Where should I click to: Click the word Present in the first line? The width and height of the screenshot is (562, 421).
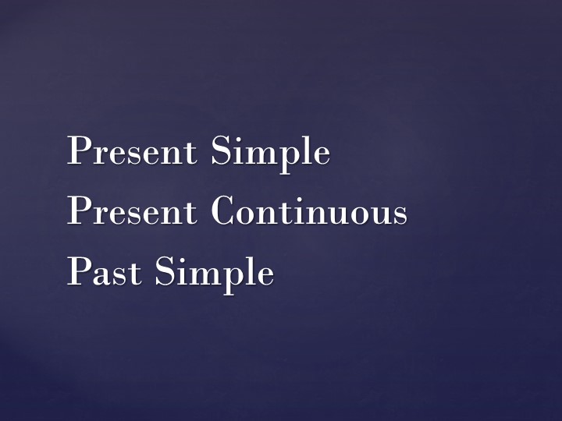(x=132, y=151)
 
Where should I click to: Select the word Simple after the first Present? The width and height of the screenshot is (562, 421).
(x=270, y=153)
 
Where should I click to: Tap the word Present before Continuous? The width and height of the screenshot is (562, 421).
(x=132, y=212)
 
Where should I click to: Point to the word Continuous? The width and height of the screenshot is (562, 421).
(x=309, y=212)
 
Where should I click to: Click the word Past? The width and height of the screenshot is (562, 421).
(x=105, y=273)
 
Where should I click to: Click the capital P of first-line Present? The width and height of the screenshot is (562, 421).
(x=77, y=150)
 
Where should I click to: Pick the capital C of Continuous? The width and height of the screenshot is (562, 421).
(x=224, y=212)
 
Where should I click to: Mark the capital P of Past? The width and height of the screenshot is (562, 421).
(x=77, y=272)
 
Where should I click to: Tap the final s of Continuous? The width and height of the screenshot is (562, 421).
(x=400, y=216)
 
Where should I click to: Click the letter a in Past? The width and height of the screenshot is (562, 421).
(x=101, y=276)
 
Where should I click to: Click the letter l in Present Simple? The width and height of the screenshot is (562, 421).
(x=304, y=150)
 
